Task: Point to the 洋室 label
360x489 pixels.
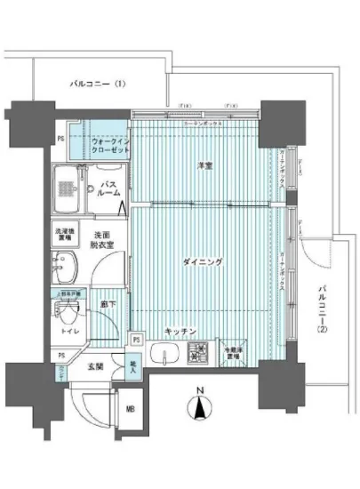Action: point(203,165)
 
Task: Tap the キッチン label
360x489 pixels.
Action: point(180,332)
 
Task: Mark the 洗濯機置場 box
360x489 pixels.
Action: point(62,232)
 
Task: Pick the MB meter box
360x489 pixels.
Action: point(130,409)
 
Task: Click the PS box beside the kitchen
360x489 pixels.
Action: point(136,339)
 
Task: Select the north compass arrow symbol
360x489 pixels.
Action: point(202,409)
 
